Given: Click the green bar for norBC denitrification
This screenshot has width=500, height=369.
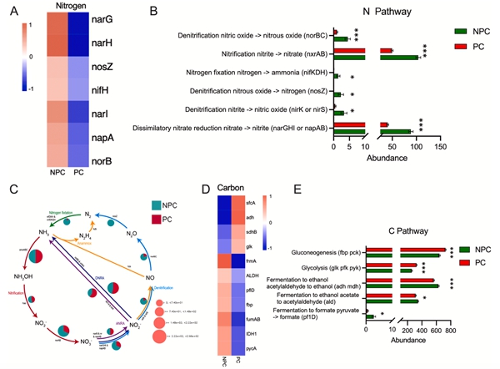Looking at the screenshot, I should point(340,38).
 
